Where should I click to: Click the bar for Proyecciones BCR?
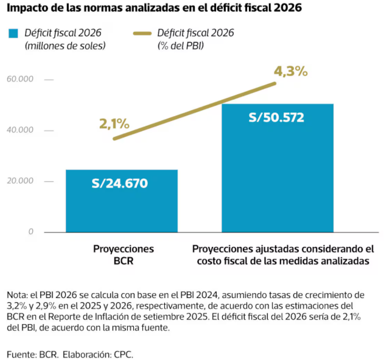point(122,201)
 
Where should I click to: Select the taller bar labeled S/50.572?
point(278,168)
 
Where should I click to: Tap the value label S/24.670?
point(120,183)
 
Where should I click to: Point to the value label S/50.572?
point(276,117)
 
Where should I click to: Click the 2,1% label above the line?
point(114,124)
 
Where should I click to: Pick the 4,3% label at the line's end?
point(291,72)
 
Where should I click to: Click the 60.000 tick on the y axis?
point(20,79)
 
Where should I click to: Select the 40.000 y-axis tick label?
point(20,130)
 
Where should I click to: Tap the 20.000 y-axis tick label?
point(20,181)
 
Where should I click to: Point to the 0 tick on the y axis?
point(30,232)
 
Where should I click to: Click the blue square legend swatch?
point(13,33)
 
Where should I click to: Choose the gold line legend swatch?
point(142,33)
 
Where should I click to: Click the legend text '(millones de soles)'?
point(65,46)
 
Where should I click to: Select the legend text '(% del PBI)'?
point(181,46)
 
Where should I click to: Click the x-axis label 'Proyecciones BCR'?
point(124,255)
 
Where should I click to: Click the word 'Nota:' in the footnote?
point(17,295)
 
